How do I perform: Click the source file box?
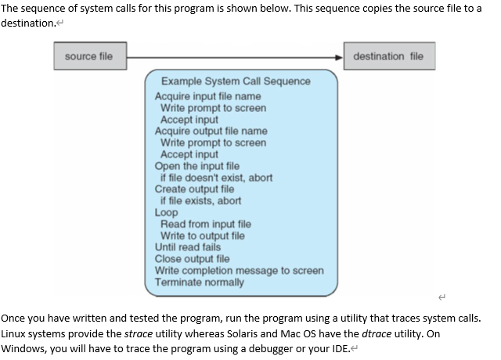point(89,56)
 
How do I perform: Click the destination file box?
point(388,56)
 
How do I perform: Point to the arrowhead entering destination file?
point(341,56)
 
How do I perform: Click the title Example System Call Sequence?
point(236,81)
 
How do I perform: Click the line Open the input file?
point(197,166)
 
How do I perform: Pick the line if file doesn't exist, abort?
point(216,178)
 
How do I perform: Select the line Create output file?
point(194,189)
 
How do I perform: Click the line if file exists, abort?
point(200,201)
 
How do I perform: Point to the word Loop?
point(167,213)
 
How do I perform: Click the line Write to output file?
point(202,236)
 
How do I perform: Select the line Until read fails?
point(188,247)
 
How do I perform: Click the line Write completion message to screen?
point(240,271)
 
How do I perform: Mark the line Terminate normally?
point(200,283)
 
